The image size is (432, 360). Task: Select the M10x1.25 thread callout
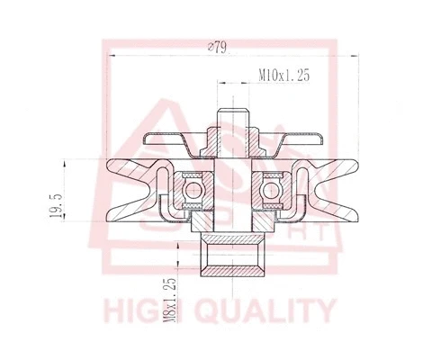coord(283,77)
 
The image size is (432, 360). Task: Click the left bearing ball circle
coord(191,189)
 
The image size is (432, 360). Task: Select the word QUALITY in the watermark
coord(270,311)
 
